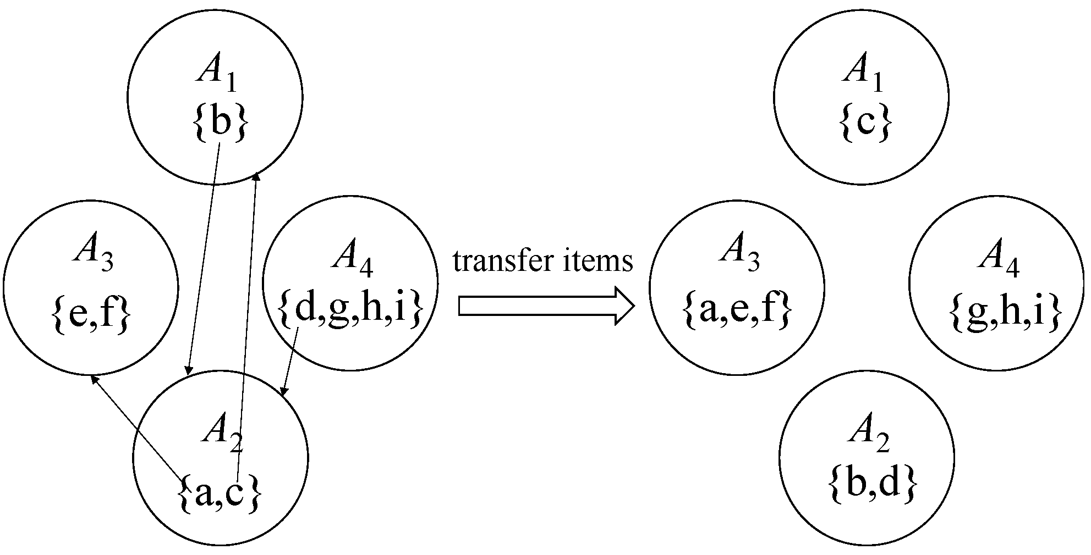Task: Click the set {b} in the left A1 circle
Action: pos(220,122)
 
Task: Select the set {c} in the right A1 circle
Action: pos(865,123)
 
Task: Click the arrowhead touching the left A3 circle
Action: pos(95,379)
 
